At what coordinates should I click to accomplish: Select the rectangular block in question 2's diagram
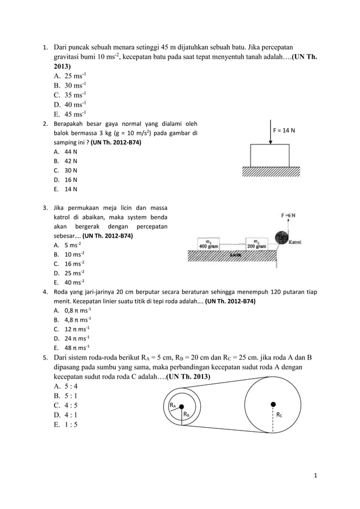pos(270,155)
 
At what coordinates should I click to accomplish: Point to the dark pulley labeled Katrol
pos(280,238)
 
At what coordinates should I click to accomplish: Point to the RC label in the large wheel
pos(279,414)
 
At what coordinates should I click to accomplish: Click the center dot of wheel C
pos(273,404)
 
